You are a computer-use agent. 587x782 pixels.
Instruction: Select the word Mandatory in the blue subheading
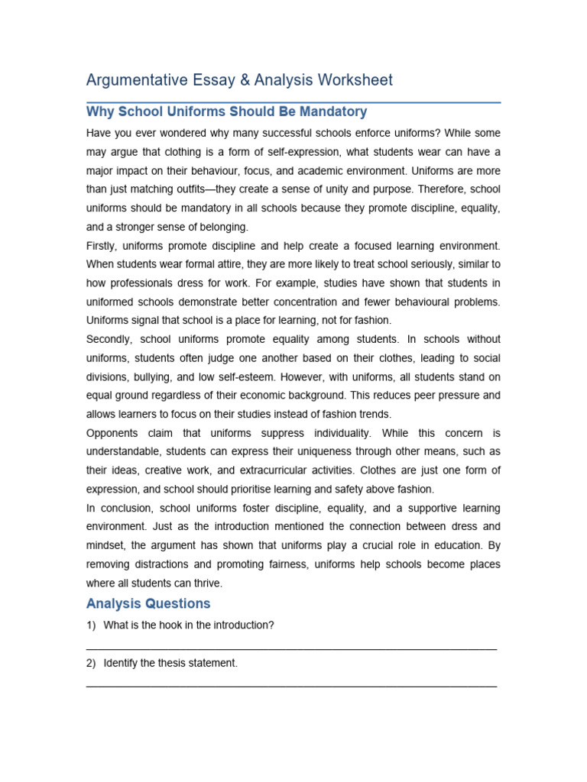click(332, 112)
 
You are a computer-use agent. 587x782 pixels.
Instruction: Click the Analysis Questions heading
click(148, 604)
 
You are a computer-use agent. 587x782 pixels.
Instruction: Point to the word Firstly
click(103, 246)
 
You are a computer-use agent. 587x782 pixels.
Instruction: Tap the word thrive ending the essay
click(206, 583)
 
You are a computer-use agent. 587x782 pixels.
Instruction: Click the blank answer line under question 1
click(291, 648)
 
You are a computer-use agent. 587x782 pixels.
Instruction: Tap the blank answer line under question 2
click(291, 686)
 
